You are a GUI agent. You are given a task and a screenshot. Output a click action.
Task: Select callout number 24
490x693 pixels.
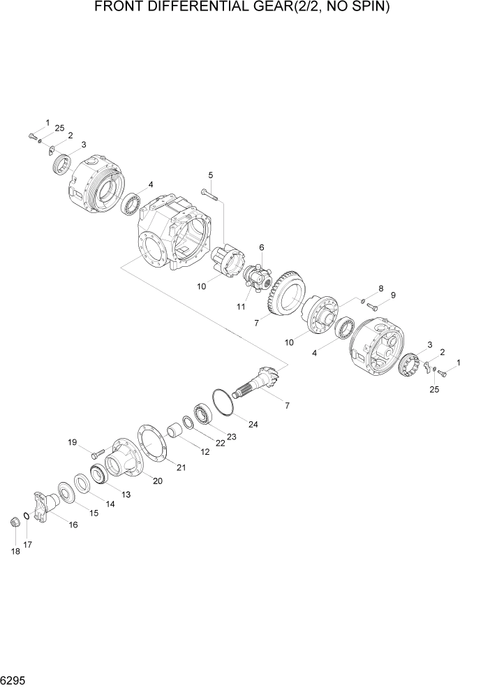[252, 424]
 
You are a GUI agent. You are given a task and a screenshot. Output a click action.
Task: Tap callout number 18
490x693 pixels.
[15, 552]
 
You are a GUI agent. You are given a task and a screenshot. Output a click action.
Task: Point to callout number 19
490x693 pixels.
[72, 442]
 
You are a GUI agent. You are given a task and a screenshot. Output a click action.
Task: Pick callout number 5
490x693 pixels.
[211, 175]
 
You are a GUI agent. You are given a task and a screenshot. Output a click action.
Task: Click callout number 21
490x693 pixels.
[181, 467]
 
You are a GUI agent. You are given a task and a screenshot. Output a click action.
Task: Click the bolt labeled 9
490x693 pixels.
[372, 305]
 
